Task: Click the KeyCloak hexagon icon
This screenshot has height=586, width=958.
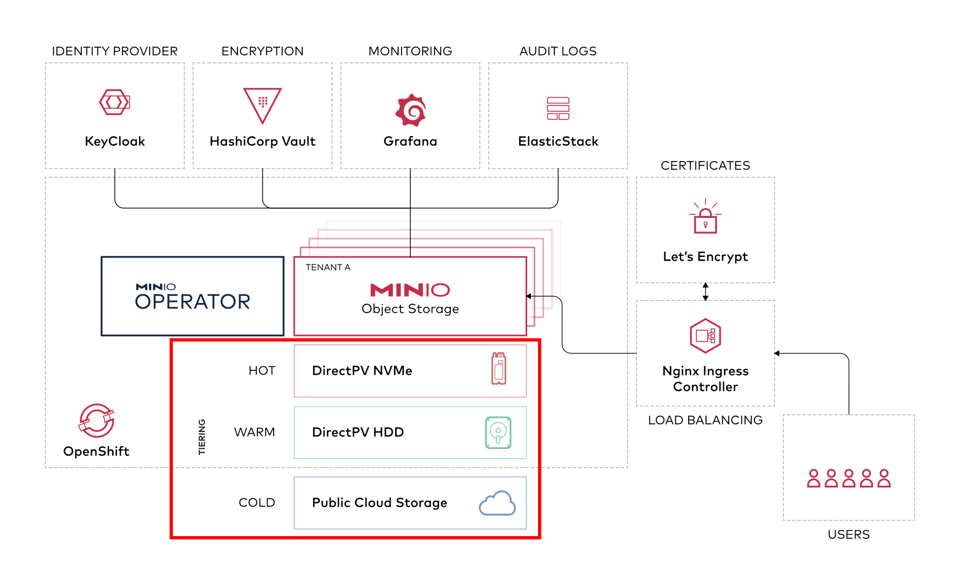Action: tap(115, 102)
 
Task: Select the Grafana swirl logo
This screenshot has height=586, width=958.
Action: tap(411, 110)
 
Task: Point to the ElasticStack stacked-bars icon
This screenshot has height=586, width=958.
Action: tap(558, 108)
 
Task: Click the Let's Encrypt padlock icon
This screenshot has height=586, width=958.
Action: tap(705, 216)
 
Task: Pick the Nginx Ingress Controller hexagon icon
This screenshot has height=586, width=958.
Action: tap(705, 336)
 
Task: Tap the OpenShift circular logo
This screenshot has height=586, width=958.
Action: tap(96, 420)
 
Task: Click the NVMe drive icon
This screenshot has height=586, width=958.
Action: tap(499, 369)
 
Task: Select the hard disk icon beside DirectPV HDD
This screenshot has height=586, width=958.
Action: tap(498, 433)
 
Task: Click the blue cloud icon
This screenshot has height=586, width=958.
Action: tap(497, 503)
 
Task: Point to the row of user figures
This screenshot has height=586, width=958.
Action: tap(849, 478)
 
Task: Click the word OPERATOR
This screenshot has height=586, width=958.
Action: tap(193, 301)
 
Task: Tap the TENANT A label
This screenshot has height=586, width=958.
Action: tap(328, 267)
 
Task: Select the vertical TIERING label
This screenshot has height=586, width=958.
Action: tap(202, 436)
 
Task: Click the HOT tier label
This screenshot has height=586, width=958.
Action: tap(262, 371)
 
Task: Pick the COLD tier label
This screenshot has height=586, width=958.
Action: tap(257, 503)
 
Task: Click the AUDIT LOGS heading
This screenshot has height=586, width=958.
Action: tap(558, 51)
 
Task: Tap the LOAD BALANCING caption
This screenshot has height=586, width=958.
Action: tap(705, 420)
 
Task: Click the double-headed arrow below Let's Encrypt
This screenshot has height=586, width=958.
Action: tap(705, 292)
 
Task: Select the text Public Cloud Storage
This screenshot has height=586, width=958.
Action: tap(380, 503)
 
